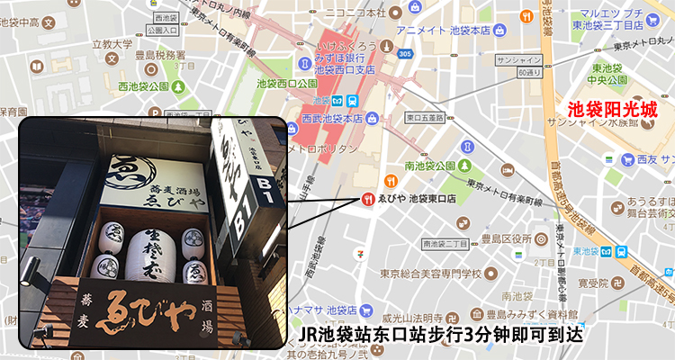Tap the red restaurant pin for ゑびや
tap(367, 198)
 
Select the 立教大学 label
tap(112, 41)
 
